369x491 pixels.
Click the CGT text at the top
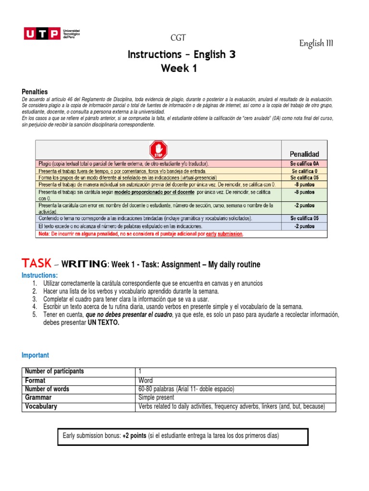coord(178,38)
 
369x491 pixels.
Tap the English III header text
coord(316,44)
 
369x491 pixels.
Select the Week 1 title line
coord(179,69)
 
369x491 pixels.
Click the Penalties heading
coord(35,91)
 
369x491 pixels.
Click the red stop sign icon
coord(158,149)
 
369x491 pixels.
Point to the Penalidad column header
coord(304,154)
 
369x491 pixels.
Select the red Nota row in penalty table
coord(141,234)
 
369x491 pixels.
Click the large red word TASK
coord(36,263)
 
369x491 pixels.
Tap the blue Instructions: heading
coord(39,275)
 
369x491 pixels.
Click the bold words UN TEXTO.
coord(103,322)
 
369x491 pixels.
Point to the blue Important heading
coord(35,355)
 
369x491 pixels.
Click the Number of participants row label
coord(54,372)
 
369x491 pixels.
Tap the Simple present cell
coord(156,397)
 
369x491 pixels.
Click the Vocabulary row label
coord(41,406)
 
